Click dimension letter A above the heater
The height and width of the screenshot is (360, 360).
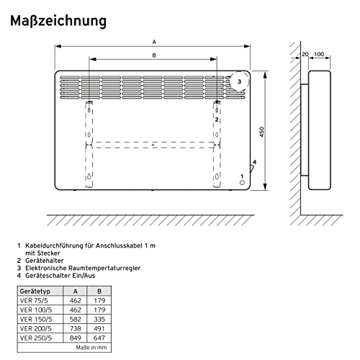pos(153,42)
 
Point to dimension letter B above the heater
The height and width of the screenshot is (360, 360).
pos(153,56)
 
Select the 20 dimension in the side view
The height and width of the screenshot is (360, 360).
pos(305,54)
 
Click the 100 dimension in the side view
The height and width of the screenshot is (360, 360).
pos(319,54)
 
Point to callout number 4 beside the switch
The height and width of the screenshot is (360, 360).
pos(254,162)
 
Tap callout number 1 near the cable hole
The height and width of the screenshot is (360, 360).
pos(243,176)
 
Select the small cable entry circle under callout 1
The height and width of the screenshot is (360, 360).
pos(242,184)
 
